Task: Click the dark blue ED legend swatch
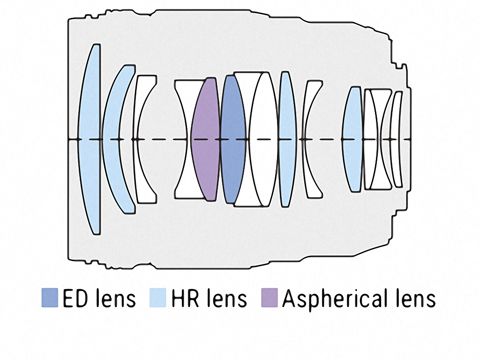click(49, 298)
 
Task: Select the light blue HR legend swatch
click(157, 298)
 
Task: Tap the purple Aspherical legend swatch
click(269, 298)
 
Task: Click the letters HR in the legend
click(183, 298)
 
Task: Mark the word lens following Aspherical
click(414, 298)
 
